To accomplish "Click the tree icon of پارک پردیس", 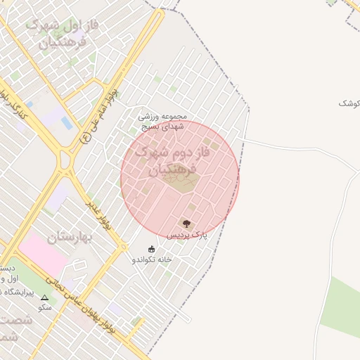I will point(186,224).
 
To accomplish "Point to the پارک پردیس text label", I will point(187,235).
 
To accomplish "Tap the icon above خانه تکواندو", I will point(152,248).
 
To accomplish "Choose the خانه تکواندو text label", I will point(152,259).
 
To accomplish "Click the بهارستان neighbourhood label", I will point(70,238).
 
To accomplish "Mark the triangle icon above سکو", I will point(45,298).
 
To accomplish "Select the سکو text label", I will point(45,308).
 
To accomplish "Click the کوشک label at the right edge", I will point(349,103).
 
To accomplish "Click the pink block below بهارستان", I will point(42,253).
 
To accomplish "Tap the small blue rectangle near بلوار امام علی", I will point(67,123).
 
